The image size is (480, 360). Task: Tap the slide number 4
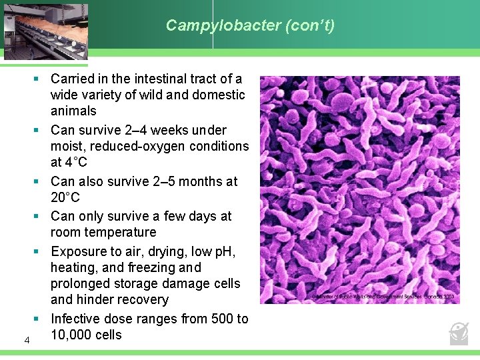click(27, 341)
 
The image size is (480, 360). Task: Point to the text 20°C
click(65, 197)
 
